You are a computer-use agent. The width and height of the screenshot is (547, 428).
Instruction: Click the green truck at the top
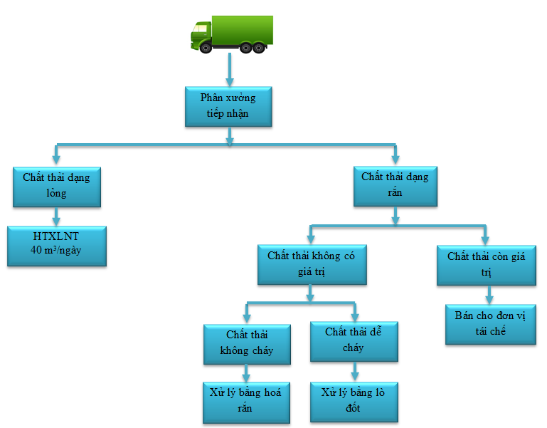[x=231, y=33]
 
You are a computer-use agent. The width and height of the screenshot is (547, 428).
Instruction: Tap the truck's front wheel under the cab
[x=206, y=47]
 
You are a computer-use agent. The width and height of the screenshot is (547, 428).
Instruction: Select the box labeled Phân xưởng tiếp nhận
[x=228, y=106]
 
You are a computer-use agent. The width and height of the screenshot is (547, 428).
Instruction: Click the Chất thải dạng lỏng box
[x=56, y=185]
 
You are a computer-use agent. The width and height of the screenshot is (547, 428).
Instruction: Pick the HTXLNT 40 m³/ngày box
[x=57, y=245]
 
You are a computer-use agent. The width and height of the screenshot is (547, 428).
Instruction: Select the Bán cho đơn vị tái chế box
[x=491, y=324]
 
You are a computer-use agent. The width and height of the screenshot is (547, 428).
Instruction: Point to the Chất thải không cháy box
[x=247, y=344]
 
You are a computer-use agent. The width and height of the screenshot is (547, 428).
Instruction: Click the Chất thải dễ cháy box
[x=354, y=341]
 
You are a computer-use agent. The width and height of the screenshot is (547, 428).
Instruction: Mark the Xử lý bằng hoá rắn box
[x=247, y=402]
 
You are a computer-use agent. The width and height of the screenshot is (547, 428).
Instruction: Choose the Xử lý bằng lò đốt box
[x=354, y=402]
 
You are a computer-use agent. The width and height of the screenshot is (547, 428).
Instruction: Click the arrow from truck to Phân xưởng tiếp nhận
[x=228, y=71]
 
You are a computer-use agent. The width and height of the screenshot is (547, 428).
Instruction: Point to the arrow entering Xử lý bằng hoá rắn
[x=247, y=373]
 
